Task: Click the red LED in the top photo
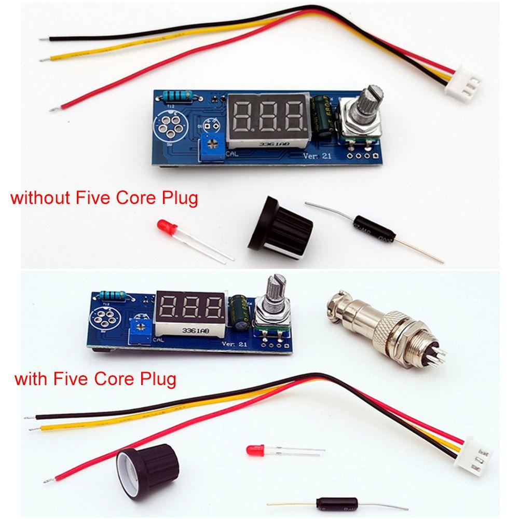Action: (165, 227)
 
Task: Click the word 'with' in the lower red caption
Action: (33, 378)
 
